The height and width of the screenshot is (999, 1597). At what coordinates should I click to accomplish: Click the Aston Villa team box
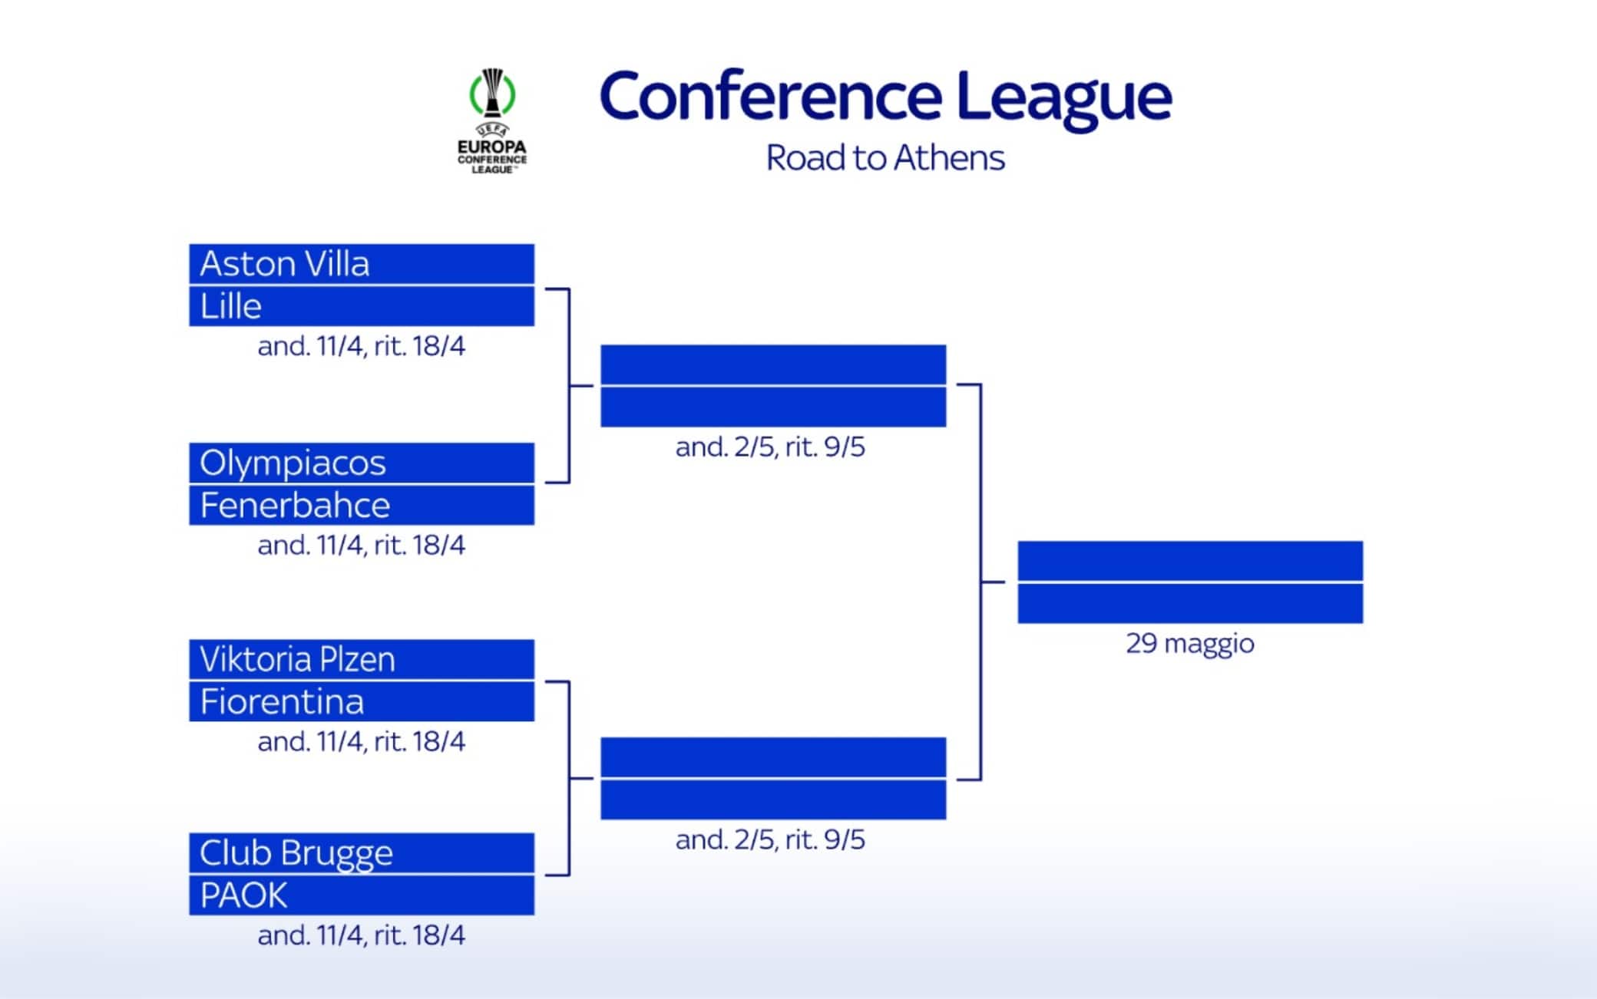coord(362,264)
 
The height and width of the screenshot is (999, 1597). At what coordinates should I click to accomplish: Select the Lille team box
coord(362,306)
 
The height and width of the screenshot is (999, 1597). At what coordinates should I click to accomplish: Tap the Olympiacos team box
coord(362,463)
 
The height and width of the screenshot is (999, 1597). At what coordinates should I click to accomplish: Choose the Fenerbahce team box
coord(362,505)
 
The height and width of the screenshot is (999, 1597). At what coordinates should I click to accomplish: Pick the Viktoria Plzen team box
coord(362,659)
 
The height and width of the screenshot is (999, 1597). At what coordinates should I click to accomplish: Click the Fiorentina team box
coord(362,701)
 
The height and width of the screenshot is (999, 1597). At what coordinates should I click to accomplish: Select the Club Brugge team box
coord(362,852)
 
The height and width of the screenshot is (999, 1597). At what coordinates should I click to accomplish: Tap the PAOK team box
coord(362,895)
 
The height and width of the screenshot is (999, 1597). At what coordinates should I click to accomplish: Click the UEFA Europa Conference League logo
coord(492,121)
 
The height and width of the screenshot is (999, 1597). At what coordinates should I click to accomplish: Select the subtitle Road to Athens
coord(885,158)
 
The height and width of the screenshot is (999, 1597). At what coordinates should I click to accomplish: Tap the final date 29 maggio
coord(1190,643)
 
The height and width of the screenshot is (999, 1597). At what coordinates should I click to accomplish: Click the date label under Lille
coord(362,346)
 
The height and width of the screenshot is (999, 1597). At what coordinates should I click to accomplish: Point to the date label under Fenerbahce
coord(362,545)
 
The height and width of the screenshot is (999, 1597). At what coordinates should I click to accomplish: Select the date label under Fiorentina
coord(362,741)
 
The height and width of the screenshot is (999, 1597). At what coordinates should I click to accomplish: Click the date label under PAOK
coord(362,935)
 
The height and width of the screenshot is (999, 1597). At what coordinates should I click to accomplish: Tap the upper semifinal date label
coord(770,447)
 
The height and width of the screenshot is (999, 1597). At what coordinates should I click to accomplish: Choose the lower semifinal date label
coord(770,839)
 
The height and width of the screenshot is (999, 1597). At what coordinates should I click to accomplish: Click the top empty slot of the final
coord(1190,561)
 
